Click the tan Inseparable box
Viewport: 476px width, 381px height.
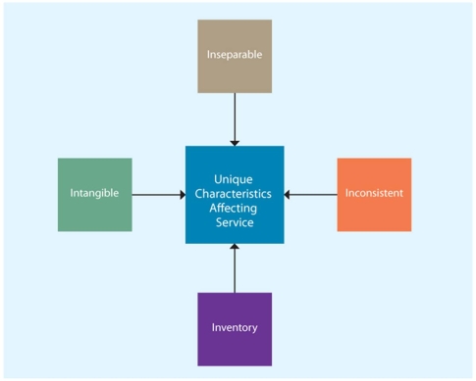tap(234, 55)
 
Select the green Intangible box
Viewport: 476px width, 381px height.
tap(94, 194)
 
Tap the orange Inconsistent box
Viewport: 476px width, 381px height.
tap(374, 194)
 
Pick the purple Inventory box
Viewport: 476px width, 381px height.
tap(234, 328)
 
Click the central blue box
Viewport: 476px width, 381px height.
tap(235, 194)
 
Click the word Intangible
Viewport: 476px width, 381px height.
tap(94, 194)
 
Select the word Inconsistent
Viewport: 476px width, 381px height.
tap(374, 193)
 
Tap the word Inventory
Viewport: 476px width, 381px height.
tap(234, 327)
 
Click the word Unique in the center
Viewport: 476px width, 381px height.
tap(235, 180)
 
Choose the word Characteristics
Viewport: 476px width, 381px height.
tap(235, 194)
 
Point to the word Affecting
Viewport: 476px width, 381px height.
tap(235, 209)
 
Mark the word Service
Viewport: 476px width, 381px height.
tap(235, 223)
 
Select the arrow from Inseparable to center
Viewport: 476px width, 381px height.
tap(235, 118)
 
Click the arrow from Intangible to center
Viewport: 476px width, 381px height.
tap(157, 194)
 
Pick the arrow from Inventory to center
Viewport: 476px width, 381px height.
tap(235, 268)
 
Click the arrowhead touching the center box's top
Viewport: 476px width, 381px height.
tap(235, 141)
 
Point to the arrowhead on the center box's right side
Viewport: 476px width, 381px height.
tap(289, 194)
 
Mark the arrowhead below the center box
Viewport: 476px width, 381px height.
tap(235, 248)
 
